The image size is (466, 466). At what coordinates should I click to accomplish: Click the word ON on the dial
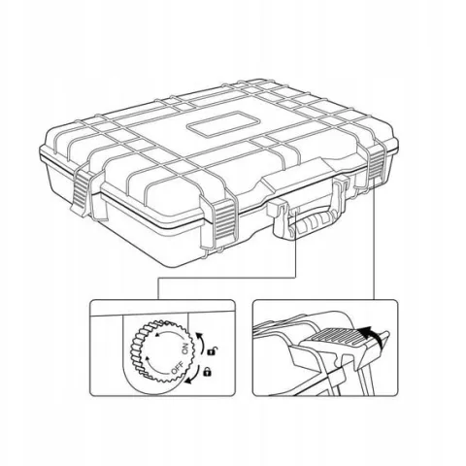[185, 349]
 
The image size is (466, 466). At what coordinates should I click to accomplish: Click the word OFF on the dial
[177, 369]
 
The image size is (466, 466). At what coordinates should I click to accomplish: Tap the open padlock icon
[213, 350]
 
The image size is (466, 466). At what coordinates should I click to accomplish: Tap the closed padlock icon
[207, 372]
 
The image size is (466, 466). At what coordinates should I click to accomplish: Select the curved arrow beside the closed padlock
[194, 377]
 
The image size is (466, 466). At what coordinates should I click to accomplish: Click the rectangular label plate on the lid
[223, 123]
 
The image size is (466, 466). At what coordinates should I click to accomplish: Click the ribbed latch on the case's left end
[81, 192]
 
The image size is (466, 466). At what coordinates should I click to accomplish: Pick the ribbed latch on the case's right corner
[377, 163]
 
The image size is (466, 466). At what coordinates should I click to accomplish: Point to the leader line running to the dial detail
[227, 278]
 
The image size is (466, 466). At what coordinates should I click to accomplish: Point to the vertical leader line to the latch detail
[375, 239]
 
